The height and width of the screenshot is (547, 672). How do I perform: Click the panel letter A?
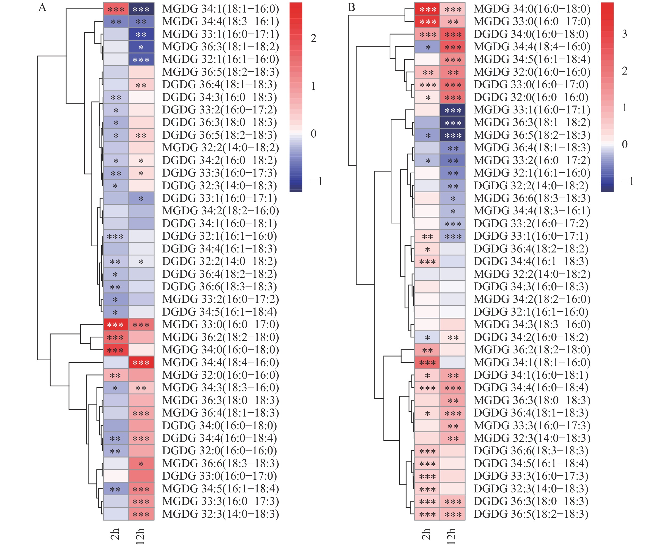(x=42, y=7)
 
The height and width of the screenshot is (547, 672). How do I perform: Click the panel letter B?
(x=351, y=7)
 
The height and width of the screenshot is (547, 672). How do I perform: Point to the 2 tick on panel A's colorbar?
(x=313, y=38)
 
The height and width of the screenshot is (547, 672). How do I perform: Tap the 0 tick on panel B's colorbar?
(x=624, y=144)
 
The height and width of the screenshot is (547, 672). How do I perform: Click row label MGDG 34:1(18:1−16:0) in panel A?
(x=221, y=9)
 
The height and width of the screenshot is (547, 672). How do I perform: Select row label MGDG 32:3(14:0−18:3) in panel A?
(x=221, y=514)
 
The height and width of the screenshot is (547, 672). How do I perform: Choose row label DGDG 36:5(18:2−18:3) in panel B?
(x=531, y=514)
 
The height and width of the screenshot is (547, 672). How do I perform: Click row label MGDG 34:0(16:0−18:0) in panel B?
(x=532, y=9)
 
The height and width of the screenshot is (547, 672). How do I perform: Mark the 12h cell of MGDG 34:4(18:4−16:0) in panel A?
(x=141, y=362)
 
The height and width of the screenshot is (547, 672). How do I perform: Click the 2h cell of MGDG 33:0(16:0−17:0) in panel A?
(x=116, y=325)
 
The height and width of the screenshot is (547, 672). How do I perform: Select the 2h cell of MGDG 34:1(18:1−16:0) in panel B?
(x=427, y=362)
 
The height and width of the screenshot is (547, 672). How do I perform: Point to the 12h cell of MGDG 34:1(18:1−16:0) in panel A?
(x=141, y=9)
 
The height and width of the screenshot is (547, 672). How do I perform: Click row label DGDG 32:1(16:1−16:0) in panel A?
(x=219, y=236)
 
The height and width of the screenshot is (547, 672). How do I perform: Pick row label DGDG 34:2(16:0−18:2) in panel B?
(x=531, y=337)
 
